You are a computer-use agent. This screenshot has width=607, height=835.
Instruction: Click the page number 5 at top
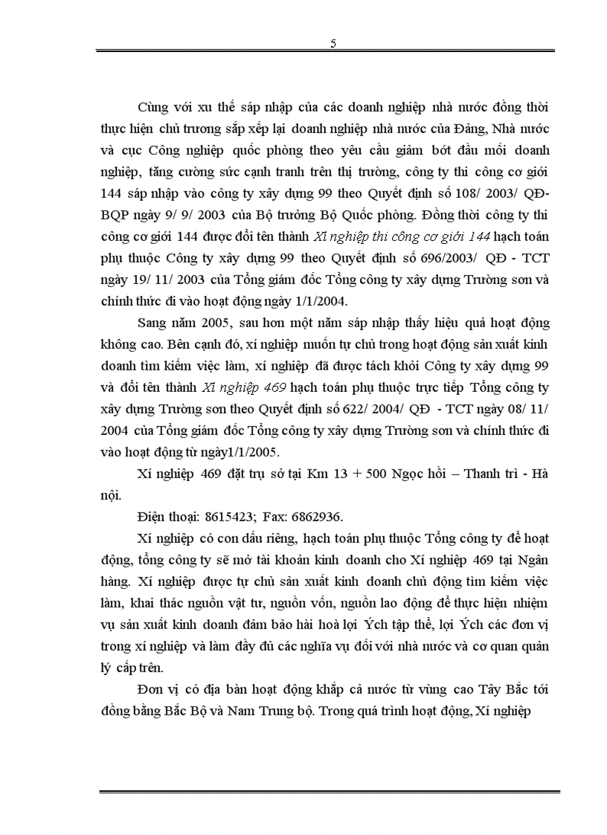[x=333, y=43]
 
